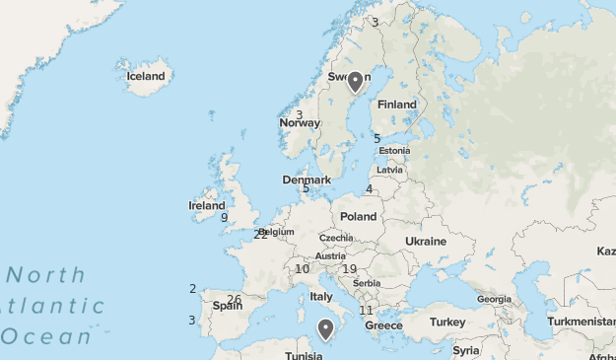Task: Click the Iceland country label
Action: (146, 76)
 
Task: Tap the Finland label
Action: (397, 105)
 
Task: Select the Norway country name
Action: (300, 123)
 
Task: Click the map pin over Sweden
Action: (356, 81)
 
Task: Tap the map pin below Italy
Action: (326, 328)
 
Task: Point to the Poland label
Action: (359, 216)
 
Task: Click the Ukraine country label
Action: (426, 242)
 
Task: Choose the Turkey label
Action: (446, 323)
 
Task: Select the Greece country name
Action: (384, 325)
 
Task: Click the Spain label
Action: (228, 306)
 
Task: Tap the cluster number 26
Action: (234, 300)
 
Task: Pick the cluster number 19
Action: (349, 269)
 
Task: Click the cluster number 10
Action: (302, 269)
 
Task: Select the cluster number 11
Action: (366, 311)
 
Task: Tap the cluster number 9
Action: (225, 218)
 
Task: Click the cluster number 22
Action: (259, 235)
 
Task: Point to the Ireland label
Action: (207, 206)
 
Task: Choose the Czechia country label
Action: (336, 238)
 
